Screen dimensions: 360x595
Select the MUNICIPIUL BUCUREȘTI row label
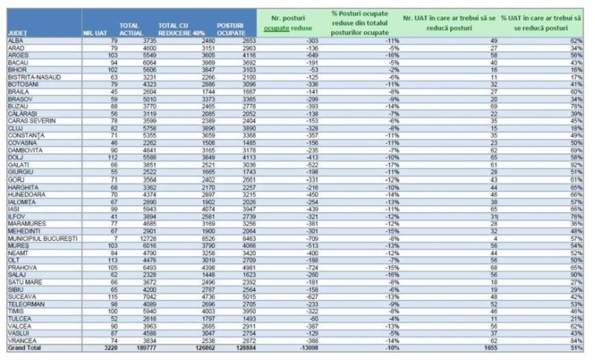click(42, 238)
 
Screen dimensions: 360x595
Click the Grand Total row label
click(25, 347)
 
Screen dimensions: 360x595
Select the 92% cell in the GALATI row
click(576, 164)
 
